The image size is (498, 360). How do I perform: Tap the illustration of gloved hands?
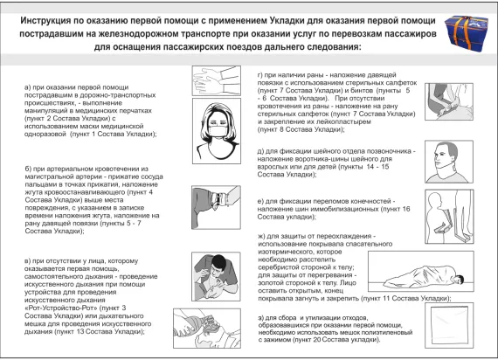pos(210,84)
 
